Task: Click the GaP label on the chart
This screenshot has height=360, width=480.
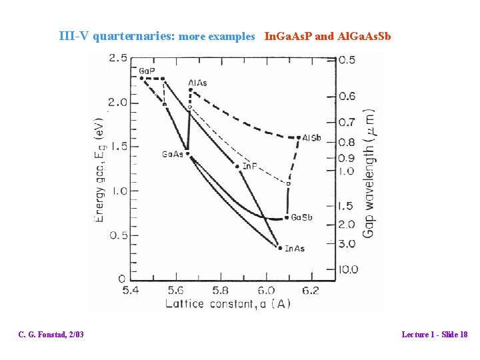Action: pos(147,71)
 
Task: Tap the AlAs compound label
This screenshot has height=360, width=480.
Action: pos(197,83)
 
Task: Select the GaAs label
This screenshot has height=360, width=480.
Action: pos(172,154)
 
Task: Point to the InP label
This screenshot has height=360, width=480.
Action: pos(251,165)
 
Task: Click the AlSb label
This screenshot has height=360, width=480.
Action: pos(311,138)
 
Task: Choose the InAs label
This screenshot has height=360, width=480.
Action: pos(295,249)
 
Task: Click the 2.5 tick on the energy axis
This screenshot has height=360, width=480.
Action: pos(118,59)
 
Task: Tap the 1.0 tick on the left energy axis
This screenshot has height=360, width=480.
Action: pos(118,191)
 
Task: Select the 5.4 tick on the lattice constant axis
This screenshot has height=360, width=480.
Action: pos(131,291)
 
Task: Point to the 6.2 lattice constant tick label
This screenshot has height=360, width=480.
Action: pos(310,291)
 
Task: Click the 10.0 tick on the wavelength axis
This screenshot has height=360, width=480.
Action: pos(348,269)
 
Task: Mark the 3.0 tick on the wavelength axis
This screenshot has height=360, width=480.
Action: pos(347,244)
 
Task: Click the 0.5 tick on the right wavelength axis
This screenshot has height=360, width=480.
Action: pos(347,60)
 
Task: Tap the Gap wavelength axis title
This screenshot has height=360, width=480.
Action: pos(368,173)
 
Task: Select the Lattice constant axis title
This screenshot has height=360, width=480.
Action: pos(229,304)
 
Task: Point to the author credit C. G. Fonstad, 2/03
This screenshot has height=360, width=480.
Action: pos(51,334)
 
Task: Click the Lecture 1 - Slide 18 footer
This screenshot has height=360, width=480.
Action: pos(434,334)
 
